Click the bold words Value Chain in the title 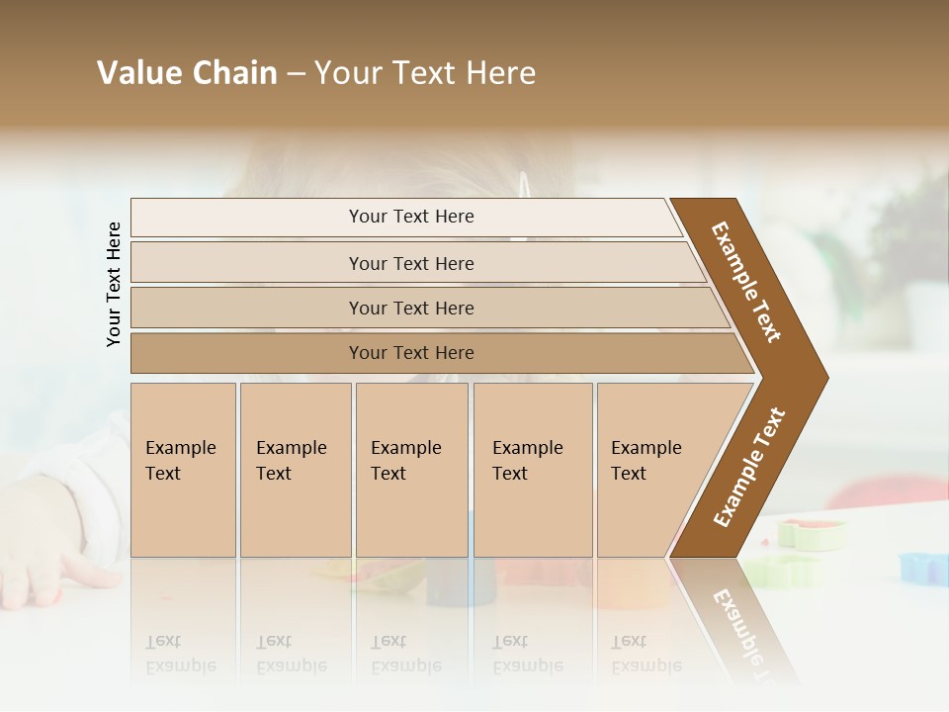click(187, 73)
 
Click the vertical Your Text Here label click(114, 284)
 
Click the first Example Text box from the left click(183, 470)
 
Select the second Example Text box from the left click(296, 470)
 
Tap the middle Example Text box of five click(411, 470)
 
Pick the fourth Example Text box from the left click(533, 470)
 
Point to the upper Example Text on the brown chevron click(747, 282)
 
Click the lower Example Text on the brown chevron click(749, 468)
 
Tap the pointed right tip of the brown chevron click(822, 377)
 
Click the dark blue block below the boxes click(447, 583)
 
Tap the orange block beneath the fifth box click(633, 583)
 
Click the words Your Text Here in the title click(425, 73)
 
